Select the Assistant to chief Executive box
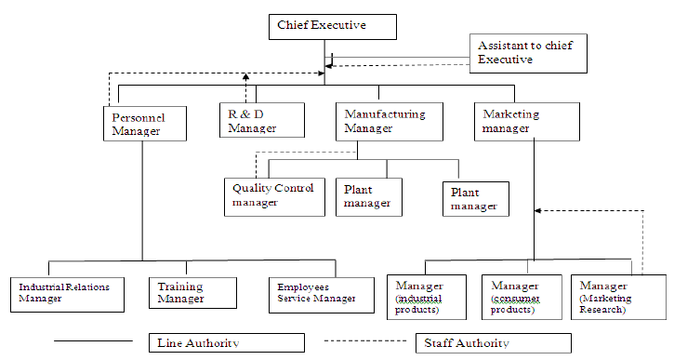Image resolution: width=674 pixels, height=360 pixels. point(528,53)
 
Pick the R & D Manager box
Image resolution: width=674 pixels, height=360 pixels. point(262,119)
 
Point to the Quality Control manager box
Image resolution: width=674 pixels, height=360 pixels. point(274,195)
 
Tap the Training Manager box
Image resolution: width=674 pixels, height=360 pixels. point(189,292)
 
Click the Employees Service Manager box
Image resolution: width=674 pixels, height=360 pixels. point(315,292)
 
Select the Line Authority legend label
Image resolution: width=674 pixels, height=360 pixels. point(226,342)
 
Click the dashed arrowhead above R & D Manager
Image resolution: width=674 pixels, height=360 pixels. point(246,78)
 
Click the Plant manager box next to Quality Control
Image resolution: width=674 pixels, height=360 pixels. point(369,195)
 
